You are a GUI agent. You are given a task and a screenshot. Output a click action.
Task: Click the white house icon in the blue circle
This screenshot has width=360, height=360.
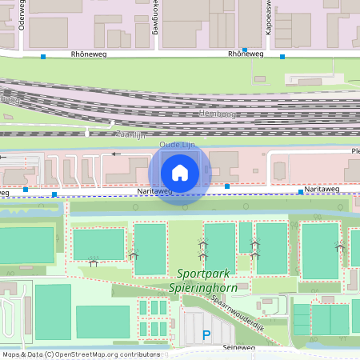180,172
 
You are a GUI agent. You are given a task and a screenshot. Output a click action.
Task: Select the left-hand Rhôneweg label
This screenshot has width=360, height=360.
88,54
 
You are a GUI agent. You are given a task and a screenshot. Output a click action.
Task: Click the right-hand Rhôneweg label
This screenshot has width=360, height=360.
245,54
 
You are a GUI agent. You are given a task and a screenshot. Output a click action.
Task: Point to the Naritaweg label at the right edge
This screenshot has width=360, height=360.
322,190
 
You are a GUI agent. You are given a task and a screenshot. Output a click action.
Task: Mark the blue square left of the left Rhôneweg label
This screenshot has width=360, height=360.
43,56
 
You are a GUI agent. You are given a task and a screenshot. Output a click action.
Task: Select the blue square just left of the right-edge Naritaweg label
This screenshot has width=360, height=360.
301,192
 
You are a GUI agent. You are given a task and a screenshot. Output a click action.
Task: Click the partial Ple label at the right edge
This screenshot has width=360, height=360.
355,150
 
